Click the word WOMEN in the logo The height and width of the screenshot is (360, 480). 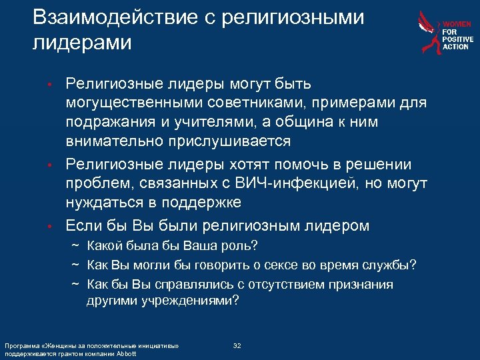tap(457, 23)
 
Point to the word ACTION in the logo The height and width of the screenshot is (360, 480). tap(456, 47)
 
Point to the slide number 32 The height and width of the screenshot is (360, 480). tap(237, 346)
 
